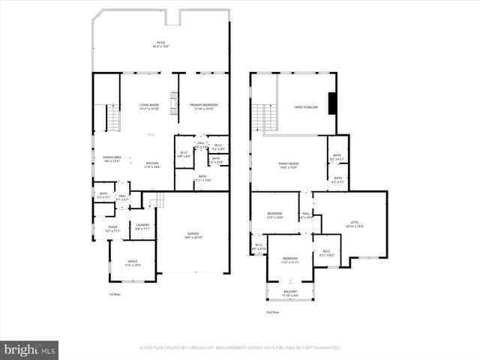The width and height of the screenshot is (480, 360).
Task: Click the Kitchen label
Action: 151,164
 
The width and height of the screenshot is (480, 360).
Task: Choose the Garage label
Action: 193,235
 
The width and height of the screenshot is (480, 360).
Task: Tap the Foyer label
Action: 112,228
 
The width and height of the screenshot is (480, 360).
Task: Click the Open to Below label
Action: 306,107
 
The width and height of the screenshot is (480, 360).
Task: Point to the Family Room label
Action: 289,165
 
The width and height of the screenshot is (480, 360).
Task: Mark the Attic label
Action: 355,223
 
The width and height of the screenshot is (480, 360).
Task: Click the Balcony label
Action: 289,292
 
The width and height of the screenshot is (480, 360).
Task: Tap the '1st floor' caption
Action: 115,294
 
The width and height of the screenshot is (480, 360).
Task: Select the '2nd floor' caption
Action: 274,312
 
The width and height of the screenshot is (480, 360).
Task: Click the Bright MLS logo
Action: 30,349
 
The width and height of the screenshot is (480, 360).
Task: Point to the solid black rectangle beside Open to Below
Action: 334,103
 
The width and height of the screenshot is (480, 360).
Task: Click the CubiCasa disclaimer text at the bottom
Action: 240,348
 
